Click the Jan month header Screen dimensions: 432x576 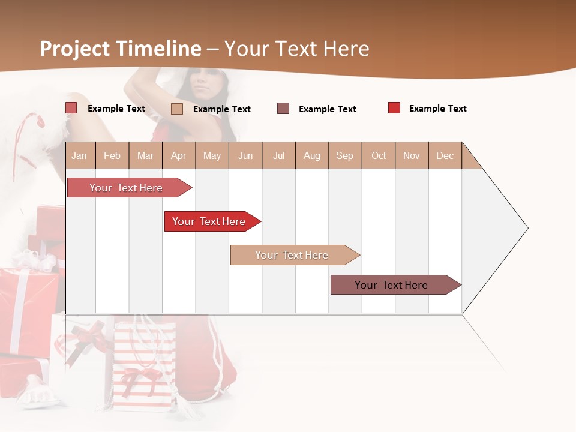(x=80, y=155)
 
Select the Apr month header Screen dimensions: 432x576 (x=179, y=155)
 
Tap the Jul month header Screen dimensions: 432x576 (x=278, y=155)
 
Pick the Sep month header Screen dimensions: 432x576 (x=344, y=155)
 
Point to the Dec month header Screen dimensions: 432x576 (x=445, y=155)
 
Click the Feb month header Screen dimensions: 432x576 (x=112, y=155)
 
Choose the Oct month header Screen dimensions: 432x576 (x=379, y=155)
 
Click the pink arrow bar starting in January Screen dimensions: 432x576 (x=127, y=188)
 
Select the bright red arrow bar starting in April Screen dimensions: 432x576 (x=209, y=221)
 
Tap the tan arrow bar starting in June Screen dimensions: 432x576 (x=292, y=255)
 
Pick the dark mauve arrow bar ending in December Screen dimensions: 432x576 (x=392, y=285)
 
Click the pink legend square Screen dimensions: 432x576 (x=71, y=108)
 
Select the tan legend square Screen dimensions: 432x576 (x=177, y=109)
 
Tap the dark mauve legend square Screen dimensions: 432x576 (x=283, y=109)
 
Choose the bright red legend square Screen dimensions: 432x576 (x=394, y=108)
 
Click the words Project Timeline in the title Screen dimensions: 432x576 (x=121, y=49)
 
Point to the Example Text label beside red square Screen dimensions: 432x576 (x=437, y=109)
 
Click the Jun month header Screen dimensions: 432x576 (x=245, y=155)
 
